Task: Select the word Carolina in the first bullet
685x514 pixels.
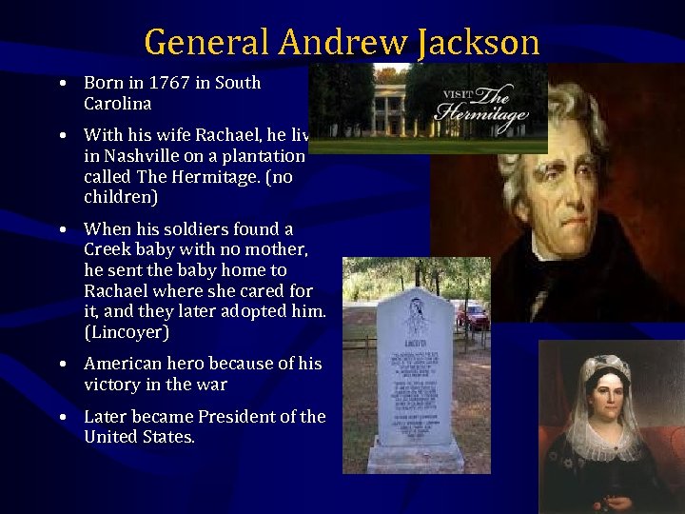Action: tap(118, 104)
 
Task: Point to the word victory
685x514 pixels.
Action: tap(111, 385)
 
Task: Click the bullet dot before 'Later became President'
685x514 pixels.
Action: tap(62, 418)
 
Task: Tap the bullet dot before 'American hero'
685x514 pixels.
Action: tap(62, 365)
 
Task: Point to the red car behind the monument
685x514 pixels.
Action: tap(473, 316)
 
